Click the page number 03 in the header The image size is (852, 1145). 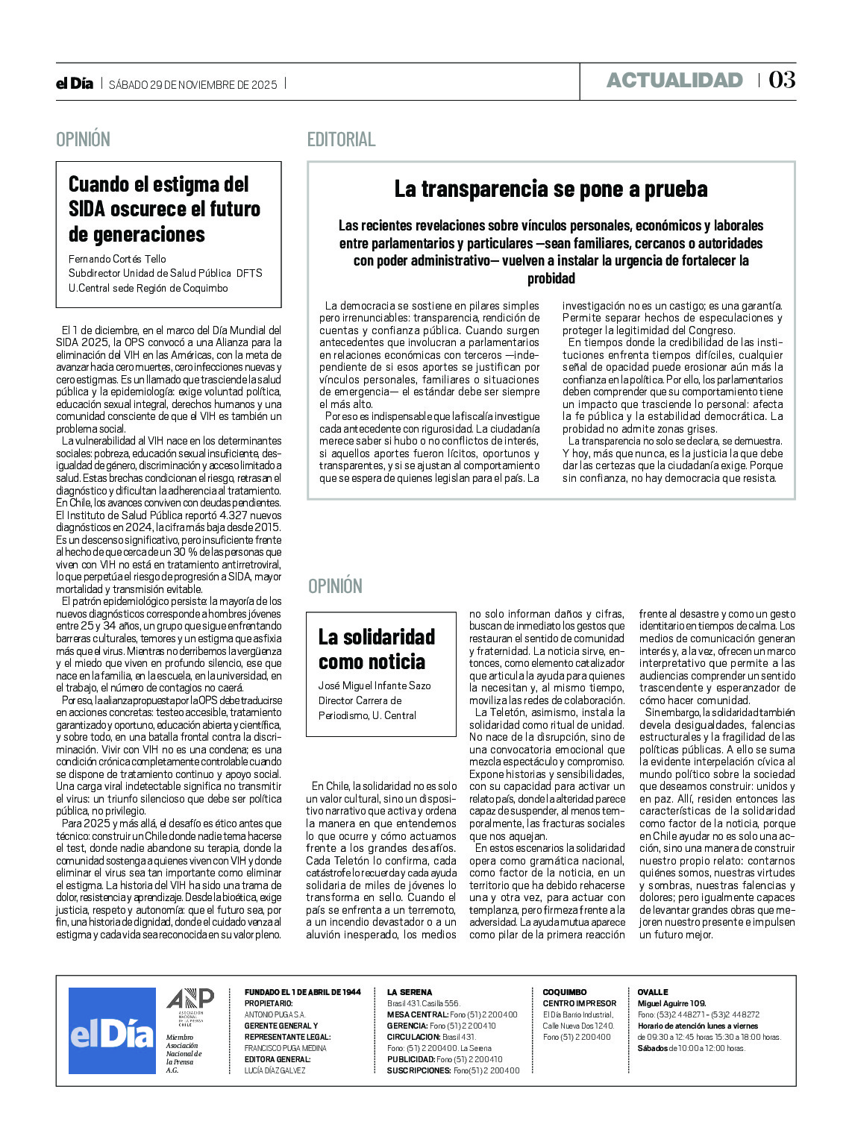tap(782, 80)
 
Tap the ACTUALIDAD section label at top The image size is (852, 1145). tap(674, 81)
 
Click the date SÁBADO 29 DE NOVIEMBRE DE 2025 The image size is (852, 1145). tap(192, 85)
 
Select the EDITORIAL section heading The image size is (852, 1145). tap(341, 139)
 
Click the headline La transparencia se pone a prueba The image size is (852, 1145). tap(551, 189)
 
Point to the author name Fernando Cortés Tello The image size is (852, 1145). tap(117, 259)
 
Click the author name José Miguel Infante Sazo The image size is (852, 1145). tap(375, 686)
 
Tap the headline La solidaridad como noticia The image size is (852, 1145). tap(377, 649)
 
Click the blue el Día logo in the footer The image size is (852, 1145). tap(112, 1031)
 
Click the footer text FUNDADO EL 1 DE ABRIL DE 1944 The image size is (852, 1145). tap(302, 992)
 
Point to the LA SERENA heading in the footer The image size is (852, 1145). tap(409, 992)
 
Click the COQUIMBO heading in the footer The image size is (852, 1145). tap(564, 992)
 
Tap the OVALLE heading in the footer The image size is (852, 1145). tap(652, 992)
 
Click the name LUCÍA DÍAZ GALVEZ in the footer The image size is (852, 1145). tap(275, 1070)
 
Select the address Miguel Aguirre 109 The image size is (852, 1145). tap(671, 1003)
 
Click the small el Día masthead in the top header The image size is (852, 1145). tap(75, 84)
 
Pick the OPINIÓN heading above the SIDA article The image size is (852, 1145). tap(83, 139)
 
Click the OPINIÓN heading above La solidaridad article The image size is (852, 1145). tap(335, 586)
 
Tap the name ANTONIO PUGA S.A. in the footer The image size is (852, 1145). tap(275, 1014)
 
